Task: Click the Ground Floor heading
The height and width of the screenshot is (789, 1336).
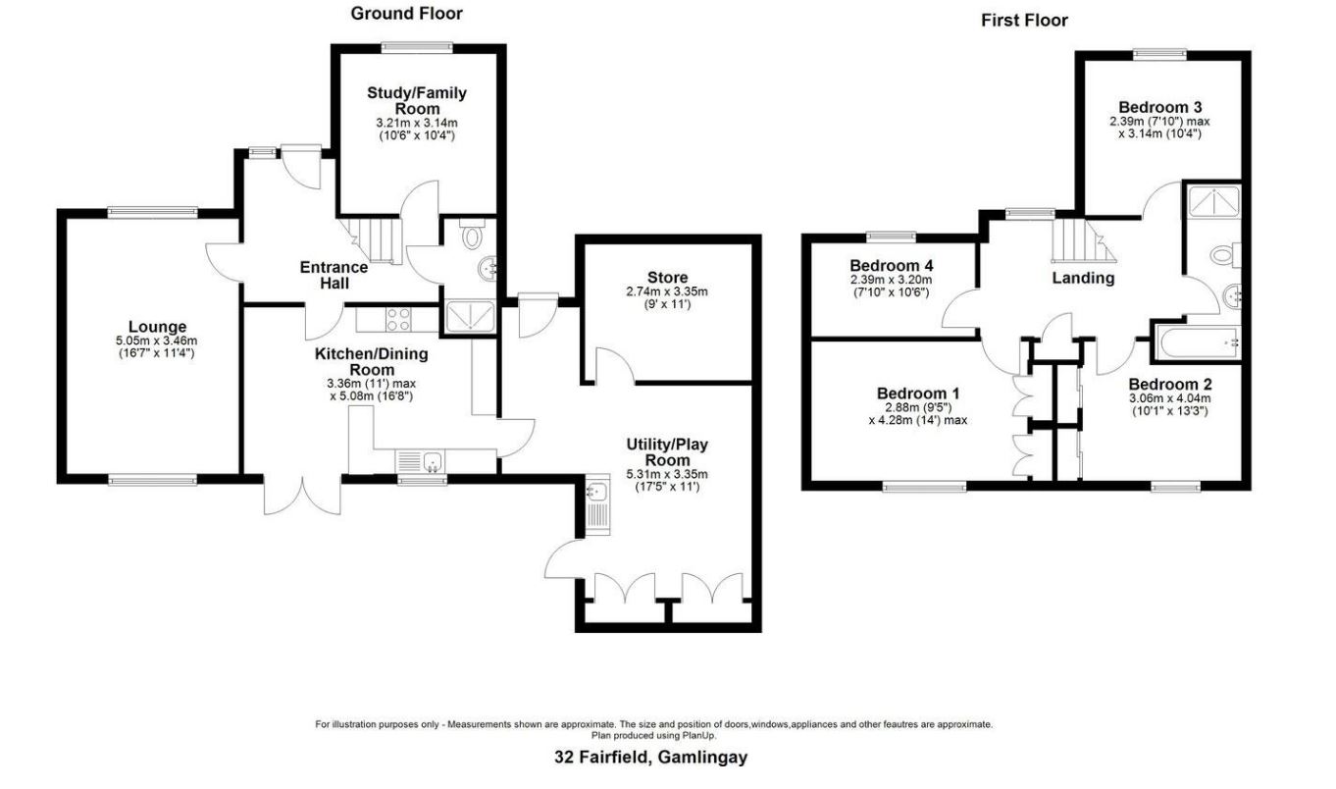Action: [406, 14]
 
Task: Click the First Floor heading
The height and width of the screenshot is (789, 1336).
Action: [1024, 20]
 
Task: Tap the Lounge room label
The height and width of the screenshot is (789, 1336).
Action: [157, 327]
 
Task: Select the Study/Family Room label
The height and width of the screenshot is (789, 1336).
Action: [417, 100]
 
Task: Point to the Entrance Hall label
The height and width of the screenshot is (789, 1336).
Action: [334, 275]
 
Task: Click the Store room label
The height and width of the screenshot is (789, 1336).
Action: [667, 278]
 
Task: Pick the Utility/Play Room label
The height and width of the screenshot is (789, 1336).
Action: [667, 452]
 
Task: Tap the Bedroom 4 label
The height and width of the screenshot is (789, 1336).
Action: [891, 266]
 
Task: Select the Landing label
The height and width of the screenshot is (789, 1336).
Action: [1083, 278]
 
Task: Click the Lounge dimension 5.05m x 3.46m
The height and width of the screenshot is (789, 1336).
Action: [157, 341]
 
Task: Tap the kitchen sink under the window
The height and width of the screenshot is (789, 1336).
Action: [423, 459]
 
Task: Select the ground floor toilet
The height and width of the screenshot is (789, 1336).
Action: [473, 237]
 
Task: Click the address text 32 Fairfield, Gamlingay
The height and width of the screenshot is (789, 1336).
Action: [649, 758]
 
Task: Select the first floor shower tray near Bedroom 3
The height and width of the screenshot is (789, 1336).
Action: [1213, 203]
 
